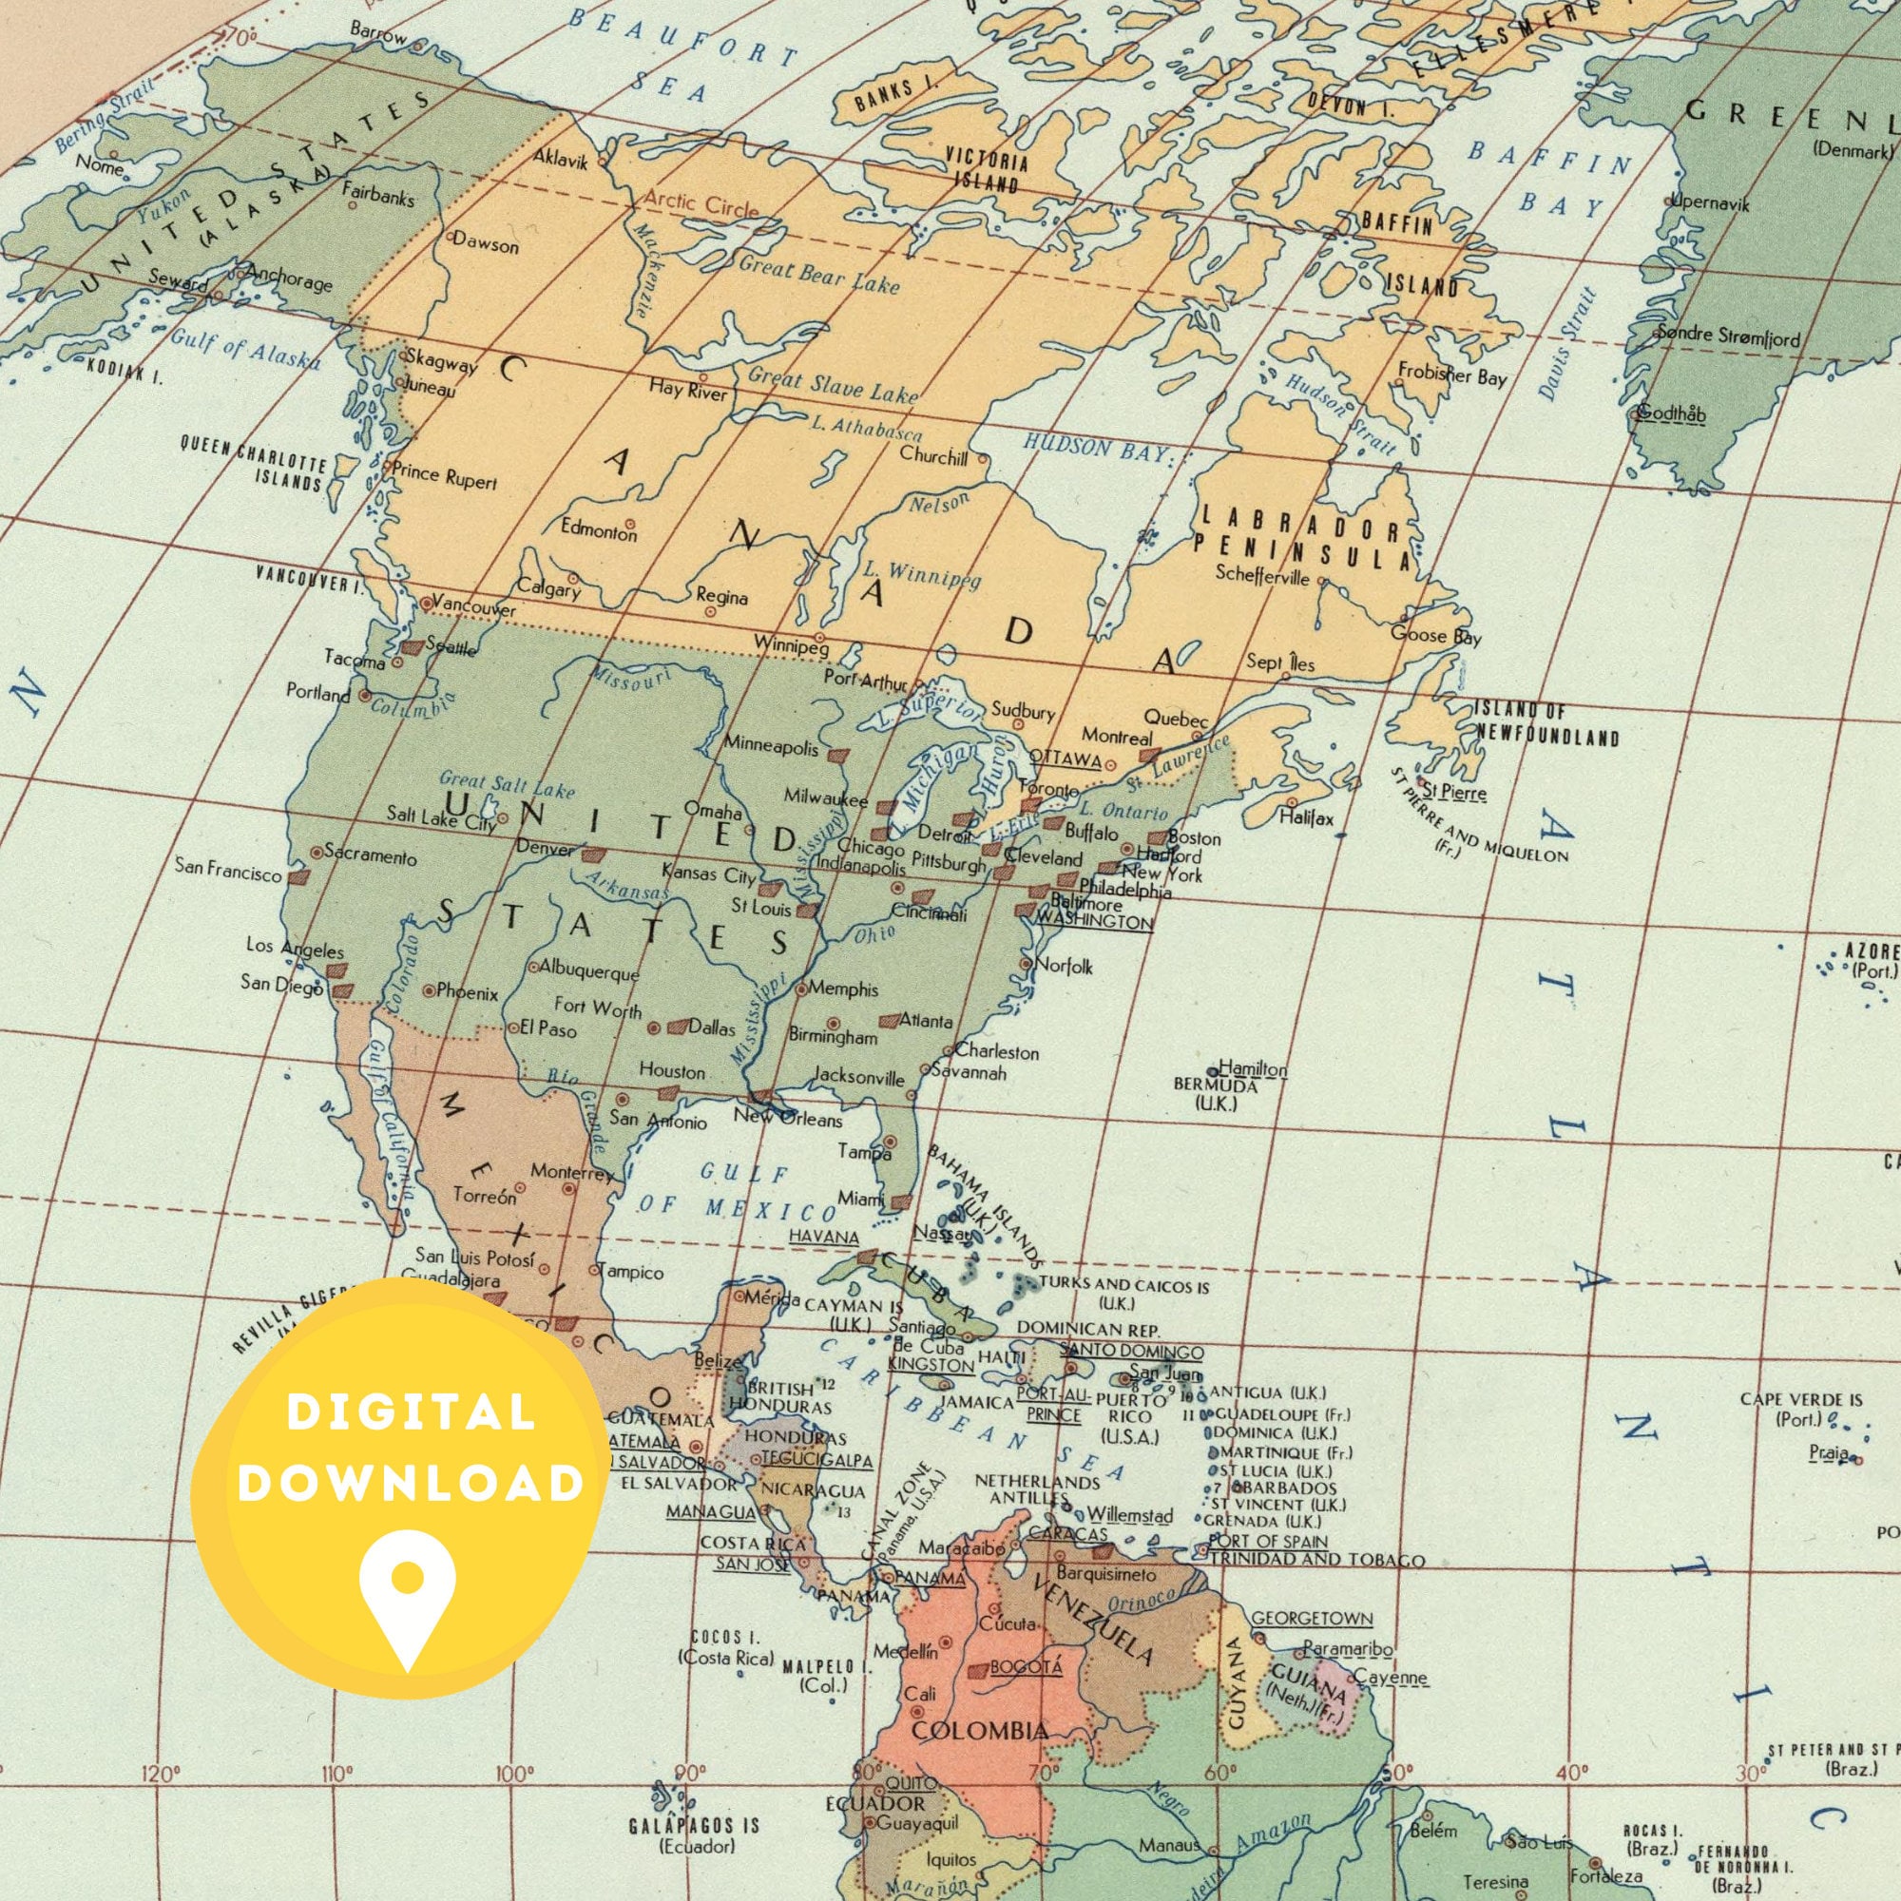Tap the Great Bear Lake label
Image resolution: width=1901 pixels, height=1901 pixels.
pos(818,275)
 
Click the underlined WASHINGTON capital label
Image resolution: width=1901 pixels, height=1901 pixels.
pos(1094,923)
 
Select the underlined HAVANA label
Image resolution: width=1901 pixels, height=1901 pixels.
pos(823,1236)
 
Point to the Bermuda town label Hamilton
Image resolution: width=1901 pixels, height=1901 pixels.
pos(1253,1068)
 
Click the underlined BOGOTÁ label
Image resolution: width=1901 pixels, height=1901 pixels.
pos(1026,1667)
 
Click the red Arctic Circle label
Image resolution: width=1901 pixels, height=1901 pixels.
pos(701,203)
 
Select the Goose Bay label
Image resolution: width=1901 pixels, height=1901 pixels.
pos(1434,637)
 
